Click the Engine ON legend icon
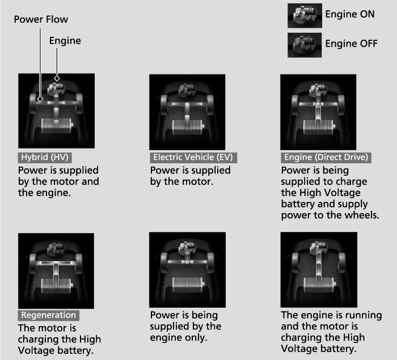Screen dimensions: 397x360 point(305,16)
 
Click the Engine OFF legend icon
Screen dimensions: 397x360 point(305,45)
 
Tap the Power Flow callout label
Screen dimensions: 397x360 point(41,19)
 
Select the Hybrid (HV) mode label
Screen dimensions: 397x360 point(45,158)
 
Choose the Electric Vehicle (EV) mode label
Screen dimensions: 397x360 point(193,158)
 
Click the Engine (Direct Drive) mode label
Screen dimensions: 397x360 point(326,158)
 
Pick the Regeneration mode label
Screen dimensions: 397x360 point(49,315)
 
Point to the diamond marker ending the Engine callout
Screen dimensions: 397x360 point(57,78)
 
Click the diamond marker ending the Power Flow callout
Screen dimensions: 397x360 point(40,99)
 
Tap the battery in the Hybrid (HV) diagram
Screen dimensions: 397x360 point(57,126)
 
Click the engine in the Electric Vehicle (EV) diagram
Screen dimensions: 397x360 point(187,91)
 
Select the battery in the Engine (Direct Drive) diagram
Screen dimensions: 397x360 point(319,127)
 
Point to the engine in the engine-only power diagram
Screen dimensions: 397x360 point(188,248)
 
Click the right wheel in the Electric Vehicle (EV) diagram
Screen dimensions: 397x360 point(210,105)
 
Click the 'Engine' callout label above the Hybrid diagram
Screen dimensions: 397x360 point(65,41)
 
